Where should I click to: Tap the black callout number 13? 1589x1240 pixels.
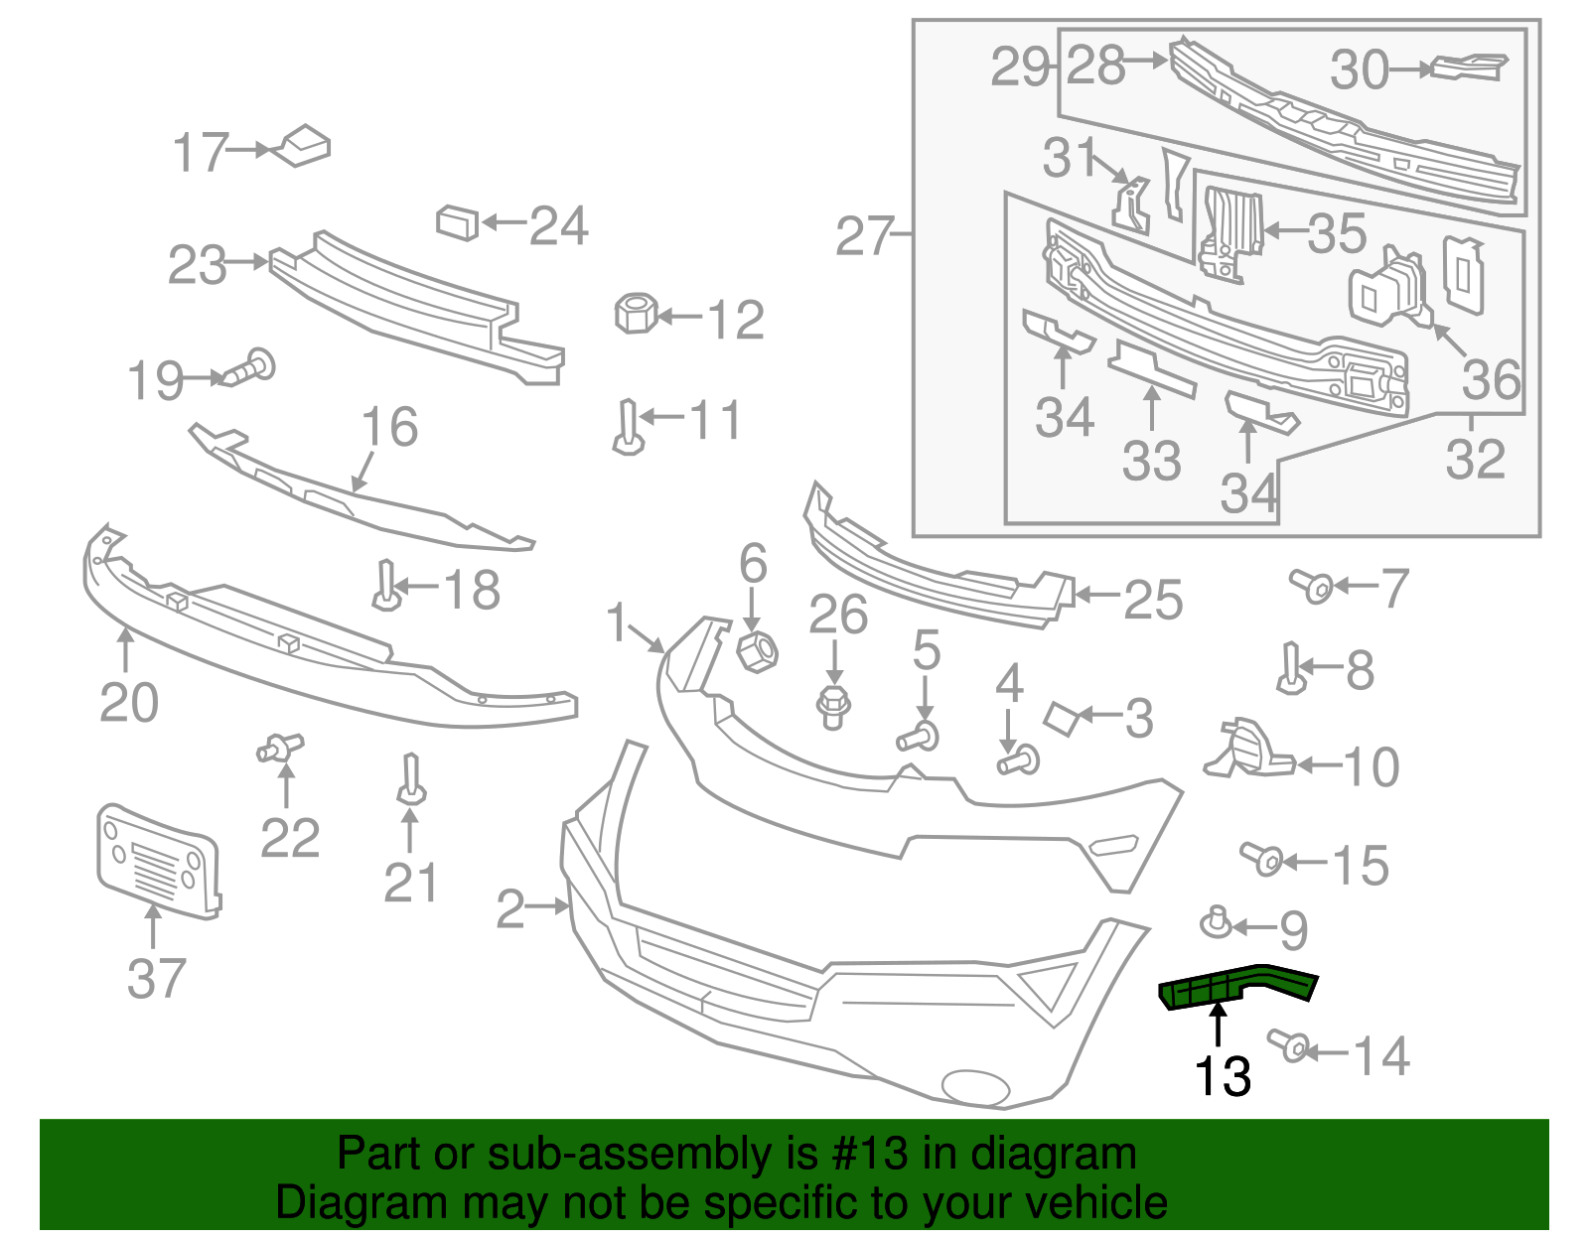coord(1222,1076)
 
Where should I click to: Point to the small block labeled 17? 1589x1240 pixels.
coord(303,146)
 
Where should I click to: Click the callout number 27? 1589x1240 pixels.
coord(863,236)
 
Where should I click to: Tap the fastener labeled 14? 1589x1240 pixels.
coord(1291,1044)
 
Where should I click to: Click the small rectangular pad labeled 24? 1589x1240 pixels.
coord(457,222)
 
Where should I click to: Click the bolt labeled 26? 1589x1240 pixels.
coord(833,706)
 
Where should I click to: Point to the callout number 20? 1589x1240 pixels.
coord(129,703)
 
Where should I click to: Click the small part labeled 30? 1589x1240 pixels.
coord(1468,67)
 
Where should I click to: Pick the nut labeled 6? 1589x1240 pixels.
coord(756,651)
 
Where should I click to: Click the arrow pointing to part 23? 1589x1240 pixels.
coord(248,263)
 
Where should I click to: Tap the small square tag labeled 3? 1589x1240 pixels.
coord(1061,718)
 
